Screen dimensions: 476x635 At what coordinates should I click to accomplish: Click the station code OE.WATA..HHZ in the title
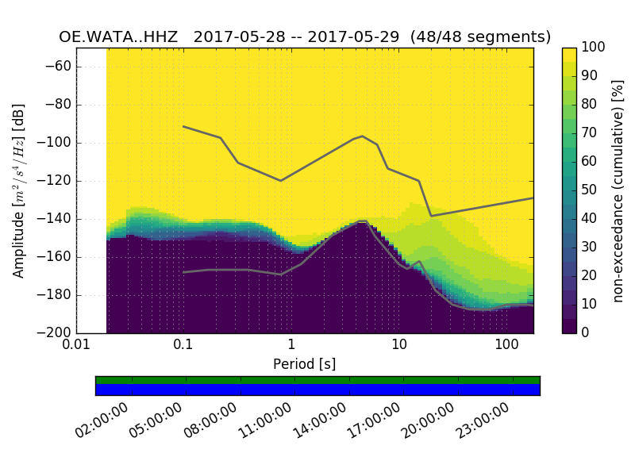[x=121, y=37]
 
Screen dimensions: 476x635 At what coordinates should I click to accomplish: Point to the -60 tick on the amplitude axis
[x=62, y=67]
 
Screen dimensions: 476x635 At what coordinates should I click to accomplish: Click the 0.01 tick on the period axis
[x=76, y=346]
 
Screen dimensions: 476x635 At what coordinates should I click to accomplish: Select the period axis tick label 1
[x=291, y=346]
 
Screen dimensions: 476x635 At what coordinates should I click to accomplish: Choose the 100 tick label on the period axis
[x=506, y=346]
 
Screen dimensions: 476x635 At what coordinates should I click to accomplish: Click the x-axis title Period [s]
[x=305, y=363]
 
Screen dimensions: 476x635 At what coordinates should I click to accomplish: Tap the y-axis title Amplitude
[x=19, y=190]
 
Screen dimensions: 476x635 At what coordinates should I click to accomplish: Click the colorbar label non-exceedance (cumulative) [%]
[x=618, y=190]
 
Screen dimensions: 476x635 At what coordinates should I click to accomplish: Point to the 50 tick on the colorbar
[x=590, y=190]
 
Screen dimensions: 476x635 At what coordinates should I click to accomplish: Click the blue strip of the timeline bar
[x=317, y=390]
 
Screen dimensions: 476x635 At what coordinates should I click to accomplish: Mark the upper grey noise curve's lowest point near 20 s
[x=431, y=216]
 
